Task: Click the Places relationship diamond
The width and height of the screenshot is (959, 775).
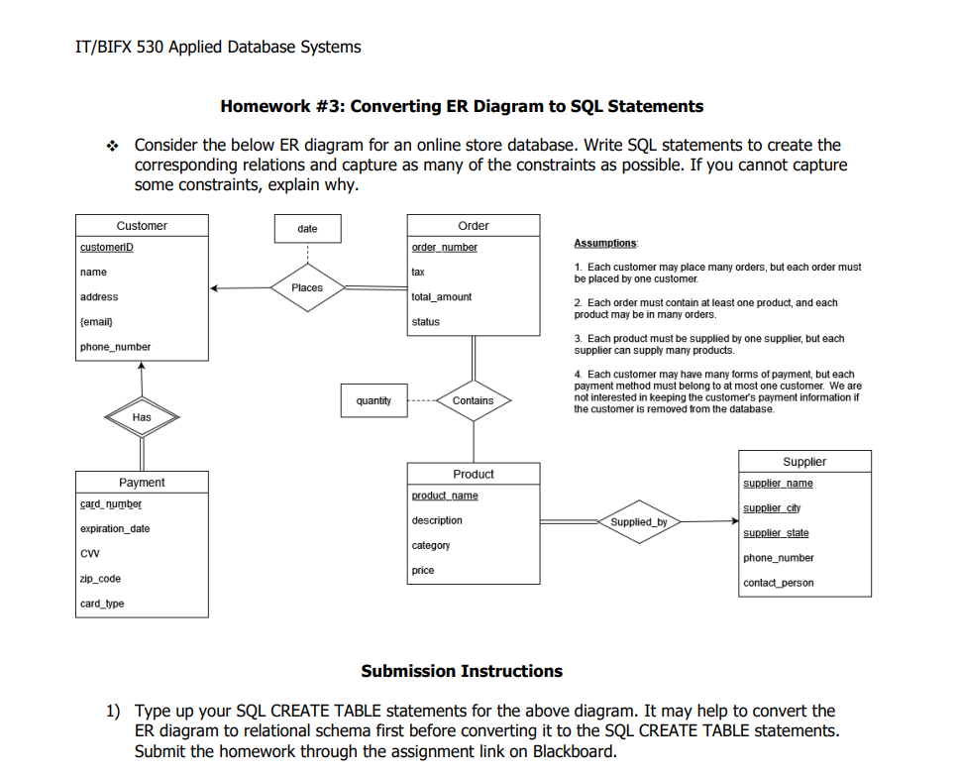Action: coord(307,287)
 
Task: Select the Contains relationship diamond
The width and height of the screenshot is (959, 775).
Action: coord(473,400)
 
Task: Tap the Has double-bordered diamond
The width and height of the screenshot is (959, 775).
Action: coord(142,417)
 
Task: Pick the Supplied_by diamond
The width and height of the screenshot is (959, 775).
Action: coord(639,521)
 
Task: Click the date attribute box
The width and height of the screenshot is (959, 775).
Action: coord(307,229)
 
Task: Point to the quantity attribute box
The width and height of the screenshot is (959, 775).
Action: coord(373,400)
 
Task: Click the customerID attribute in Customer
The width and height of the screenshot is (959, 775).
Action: coord(107,247)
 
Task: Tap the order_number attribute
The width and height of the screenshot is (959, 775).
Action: coord(444,247)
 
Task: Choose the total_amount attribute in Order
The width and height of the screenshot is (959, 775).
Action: coord(441,296)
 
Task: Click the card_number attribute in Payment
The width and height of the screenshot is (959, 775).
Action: coord(111,504)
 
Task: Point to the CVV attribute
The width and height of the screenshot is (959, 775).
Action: coord(89,554)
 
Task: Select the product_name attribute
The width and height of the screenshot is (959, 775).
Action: coord(445,496)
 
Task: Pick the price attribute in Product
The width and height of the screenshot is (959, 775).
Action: coord(423,570)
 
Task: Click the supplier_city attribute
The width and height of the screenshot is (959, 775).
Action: coord(772,508)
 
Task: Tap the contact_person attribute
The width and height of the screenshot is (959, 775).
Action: coord(778,583)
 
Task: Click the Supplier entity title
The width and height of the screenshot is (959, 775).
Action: coord(804,462)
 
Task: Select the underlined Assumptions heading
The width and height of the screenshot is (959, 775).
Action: coord(606,243)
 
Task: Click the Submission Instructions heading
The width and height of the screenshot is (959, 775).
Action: coord(462,671)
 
